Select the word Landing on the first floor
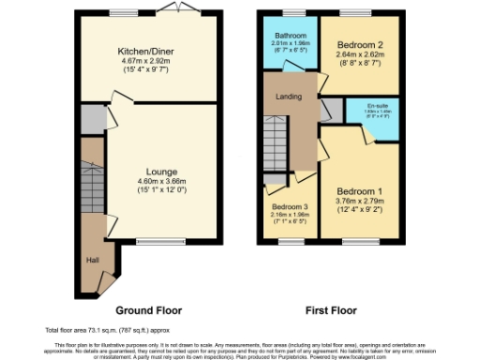tap(288, 96)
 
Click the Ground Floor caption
tap(148, 309)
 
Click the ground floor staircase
tap(92, 183)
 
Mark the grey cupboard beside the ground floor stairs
tap(92, 119)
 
